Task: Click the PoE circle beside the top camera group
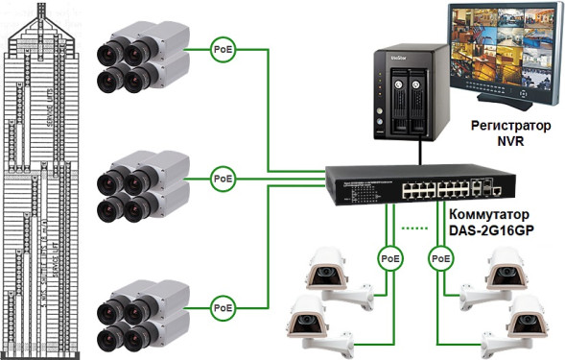tap(223, 49)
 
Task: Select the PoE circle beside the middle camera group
tap(223, 179)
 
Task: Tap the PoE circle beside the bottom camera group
tap(223, 307)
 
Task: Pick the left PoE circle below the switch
tap(388, 257)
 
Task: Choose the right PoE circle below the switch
tap(440, 257)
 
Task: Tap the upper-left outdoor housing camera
tap(330, 274)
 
